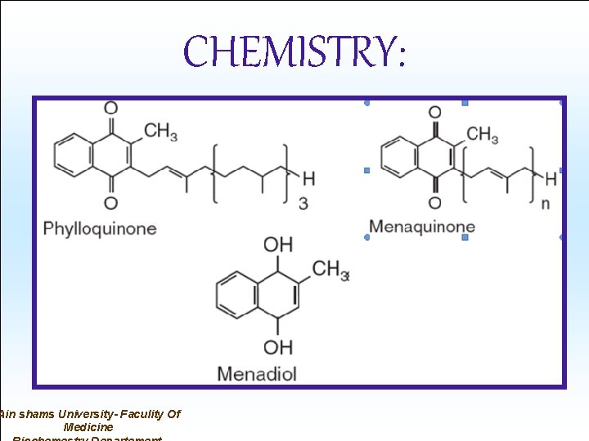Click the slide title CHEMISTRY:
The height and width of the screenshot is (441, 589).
point(294,52)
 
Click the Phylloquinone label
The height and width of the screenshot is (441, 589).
point(100,228)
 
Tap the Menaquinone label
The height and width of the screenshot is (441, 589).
point(422,226)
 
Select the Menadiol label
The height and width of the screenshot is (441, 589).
point(257,374)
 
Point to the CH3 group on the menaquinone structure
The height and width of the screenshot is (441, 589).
point(482,135)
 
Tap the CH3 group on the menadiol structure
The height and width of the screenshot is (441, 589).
point(330,269)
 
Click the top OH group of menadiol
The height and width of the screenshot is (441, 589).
point(278,244)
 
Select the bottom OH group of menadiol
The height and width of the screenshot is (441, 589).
point(278,347)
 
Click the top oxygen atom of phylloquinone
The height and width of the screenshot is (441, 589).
point(110,107)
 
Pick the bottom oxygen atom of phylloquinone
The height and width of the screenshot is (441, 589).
point(110,203)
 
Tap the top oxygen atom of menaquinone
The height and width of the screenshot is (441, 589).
point(435,112)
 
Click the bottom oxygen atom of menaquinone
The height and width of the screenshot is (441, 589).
point(435,203)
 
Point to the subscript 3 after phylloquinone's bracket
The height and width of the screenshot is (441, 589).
point(303,203)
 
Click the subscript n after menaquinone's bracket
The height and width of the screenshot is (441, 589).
point(546,203)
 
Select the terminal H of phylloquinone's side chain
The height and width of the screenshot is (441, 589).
point(308,177)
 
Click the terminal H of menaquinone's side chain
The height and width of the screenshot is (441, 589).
point(551,177)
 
